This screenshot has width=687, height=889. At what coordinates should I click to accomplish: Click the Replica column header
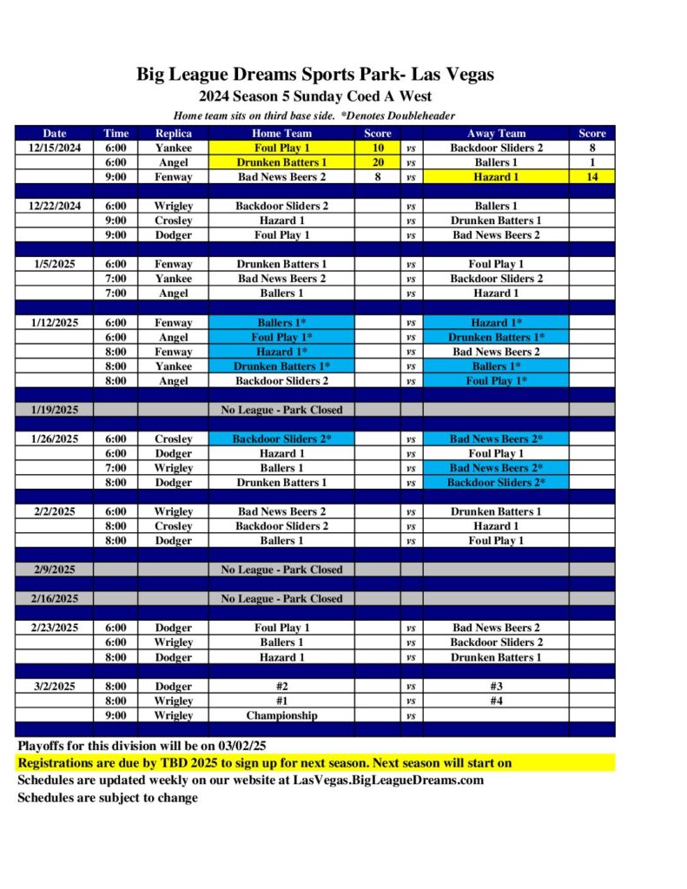(173, 133)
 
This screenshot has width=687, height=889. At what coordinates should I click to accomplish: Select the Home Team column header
(281, 133)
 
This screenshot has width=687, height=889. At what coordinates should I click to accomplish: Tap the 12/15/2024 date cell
(55, 148)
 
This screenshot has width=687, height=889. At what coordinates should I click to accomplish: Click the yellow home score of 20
(377, 162)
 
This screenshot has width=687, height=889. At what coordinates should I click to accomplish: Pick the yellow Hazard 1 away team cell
(496, 177)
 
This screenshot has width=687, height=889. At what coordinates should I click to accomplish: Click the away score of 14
(591, 177)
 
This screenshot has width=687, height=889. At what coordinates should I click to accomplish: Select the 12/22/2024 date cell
(55, 206)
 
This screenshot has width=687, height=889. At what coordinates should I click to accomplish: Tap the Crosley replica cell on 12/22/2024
(173, 221)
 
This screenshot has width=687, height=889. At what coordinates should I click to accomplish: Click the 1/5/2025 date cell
(55, 264)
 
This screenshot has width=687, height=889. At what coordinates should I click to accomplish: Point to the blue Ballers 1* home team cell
(281, 322)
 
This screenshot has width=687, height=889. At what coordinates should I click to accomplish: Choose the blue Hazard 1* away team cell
(496, 322)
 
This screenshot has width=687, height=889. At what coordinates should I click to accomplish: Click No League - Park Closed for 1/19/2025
(281, 410)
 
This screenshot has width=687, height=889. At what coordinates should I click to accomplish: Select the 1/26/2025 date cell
(55, 438)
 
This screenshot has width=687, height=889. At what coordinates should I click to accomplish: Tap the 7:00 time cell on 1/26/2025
(116, 468)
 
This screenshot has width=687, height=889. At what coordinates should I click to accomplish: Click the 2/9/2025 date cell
(55, 570)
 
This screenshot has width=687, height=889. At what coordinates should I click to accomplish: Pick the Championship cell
(281, 715)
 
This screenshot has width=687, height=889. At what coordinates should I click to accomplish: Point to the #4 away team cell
(496, 701)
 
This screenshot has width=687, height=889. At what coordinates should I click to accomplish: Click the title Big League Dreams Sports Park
(314, 75)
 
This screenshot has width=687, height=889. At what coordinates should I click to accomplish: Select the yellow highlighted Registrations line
(264, 763)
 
